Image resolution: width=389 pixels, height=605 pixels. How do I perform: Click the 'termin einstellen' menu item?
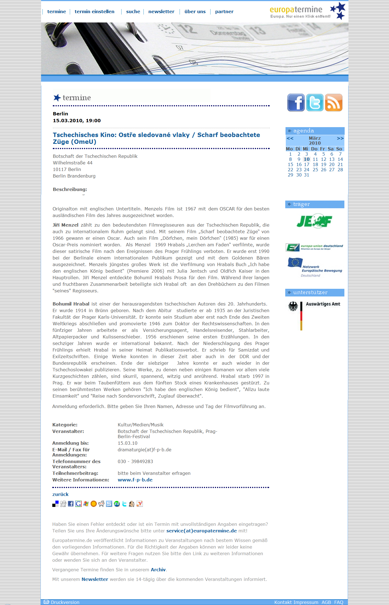tap(94, 12)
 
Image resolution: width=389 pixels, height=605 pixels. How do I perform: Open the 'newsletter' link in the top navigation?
tap(161, 12)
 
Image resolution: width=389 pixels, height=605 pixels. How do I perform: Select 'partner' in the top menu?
tap(224, 12)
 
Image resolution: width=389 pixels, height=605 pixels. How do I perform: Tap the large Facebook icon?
tap(296, 102)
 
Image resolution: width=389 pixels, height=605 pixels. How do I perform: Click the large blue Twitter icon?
tap(315, 102)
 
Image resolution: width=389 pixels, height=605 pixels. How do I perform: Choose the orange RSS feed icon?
tap(333, 102)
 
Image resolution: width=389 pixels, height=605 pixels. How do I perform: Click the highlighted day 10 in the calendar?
tap(307, 159)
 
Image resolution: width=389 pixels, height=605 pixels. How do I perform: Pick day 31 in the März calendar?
tap(307, 175)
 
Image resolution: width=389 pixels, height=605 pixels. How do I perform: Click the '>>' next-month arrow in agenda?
tap(340, 138)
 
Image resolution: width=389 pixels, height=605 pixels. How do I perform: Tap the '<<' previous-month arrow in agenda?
tap(290, 138)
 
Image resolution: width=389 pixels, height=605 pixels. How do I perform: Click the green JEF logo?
tap(314, 221)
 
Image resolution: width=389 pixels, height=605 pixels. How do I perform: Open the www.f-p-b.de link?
tap(135, 480)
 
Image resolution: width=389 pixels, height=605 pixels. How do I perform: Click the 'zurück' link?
tap(60, 494)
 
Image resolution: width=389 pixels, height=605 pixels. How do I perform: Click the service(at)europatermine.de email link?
tap(201, 531)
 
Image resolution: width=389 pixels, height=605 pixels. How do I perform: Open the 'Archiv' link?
tap(158, 570)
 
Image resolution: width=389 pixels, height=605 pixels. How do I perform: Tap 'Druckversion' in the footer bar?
tap(65, 602)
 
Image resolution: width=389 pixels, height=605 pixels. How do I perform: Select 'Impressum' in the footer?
tap(308, 602)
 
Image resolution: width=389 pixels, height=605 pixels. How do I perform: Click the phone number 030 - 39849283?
tap(135, 461)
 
